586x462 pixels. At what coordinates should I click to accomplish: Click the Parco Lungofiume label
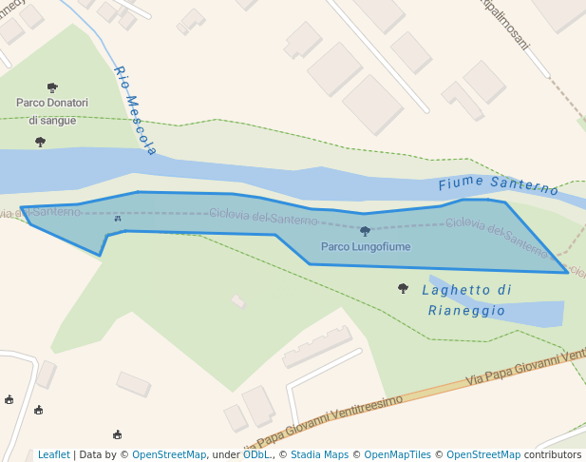[366, 247]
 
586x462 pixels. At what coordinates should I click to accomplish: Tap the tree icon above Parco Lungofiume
[365, 231]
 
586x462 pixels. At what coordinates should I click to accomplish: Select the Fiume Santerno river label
[499, 184]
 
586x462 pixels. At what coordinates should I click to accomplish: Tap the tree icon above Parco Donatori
[52, 87]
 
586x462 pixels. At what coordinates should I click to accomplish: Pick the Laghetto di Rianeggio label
[466, 300]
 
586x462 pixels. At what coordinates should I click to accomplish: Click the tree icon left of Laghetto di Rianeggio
[403, 288]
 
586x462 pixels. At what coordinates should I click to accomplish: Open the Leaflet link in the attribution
[54, 455]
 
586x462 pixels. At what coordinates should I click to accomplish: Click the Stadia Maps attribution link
[319, 455]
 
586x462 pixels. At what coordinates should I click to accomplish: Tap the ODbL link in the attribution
[255, 455]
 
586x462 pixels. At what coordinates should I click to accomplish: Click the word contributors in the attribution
[553, 455]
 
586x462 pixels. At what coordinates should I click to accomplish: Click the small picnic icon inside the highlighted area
[118, 219]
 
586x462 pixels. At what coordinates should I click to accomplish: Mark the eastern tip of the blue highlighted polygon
[568, 273]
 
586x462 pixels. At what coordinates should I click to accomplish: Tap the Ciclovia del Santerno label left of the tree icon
[263, 217]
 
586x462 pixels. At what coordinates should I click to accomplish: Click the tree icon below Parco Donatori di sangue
[40, 142]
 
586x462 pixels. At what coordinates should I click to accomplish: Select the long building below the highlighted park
[317, 346]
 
